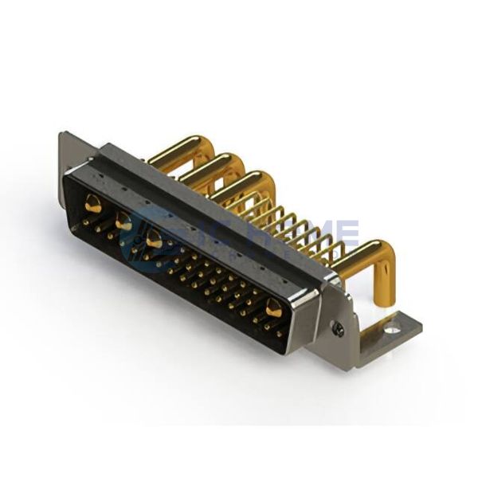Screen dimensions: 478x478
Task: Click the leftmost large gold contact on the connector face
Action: pos(93,202)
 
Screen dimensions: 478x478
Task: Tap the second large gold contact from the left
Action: pos(123,221)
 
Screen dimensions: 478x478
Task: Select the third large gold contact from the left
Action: pos(155,239)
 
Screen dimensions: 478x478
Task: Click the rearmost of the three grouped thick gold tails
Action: pos(179,148)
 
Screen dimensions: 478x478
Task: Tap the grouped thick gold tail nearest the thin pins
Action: pos(239,183)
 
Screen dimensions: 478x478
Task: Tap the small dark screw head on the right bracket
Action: pos(339,326)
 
